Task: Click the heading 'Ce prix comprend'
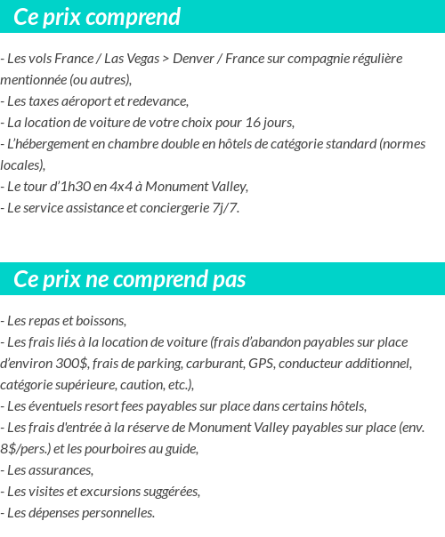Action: [x=97, y=17]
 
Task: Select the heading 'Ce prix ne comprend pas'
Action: [x=130, y=279]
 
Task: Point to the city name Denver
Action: [x=193, y=59]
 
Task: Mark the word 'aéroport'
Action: [x=80, y=101]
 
